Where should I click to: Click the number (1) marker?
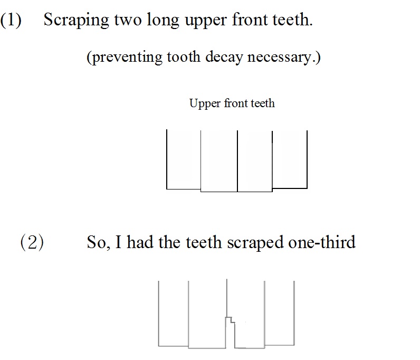pos(11,20)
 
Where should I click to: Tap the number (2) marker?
pos(32,242)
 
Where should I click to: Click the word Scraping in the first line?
pos(77,21)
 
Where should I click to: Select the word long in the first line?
pos(163,21)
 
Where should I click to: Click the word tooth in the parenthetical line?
pos(184,56)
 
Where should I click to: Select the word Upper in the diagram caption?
pos(205,104)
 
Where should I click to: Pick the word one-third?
pos(322,242)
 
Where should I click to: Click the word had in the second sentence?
pos(139,242)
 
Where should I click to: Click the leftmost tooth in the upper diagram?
pos(184,160)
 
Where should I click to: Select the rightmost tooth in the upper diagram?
pos(290,160)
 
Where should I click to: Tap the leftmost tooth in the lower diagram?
pos(173,314)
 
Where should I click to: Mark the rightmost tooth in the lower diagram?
pos(279,314)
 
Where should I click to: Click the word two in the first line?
pos(128,21)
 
